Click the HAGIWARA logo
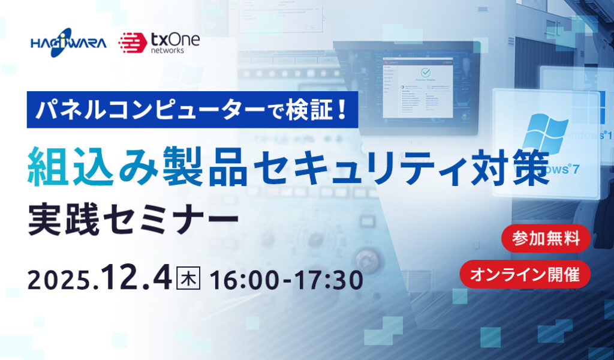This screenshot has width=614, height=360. pyautogui.click(x=68, y=43)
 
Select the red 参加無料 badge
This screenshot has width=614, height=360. pyautogui.click(x=546, y=239)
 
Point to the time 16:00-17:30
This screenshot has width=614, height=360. pyautogui.click(x=287, y=280)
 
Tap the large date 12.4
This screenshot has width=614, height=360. pyautogui.click(x=137, y=278)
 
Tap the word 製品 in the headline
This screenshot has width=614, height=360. pyautogui.click(x=201, y=164)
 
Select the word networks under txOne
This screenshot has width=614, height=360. pyautogui.click(x=168, y=51)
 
